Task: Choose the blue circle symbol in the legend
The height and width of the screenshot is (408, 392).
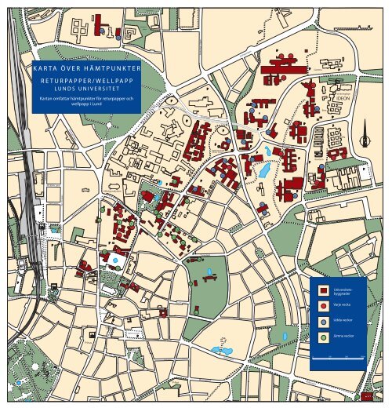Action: coord(323,322)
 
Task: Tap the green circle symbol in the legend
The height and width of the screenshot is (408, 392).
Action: coord(323,338)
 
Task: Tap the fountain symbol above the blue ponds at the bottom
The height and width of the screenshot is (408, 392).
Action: coord(222,341)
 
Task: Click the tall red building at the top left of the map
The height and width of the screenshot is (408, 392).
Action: coord(99,24)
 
